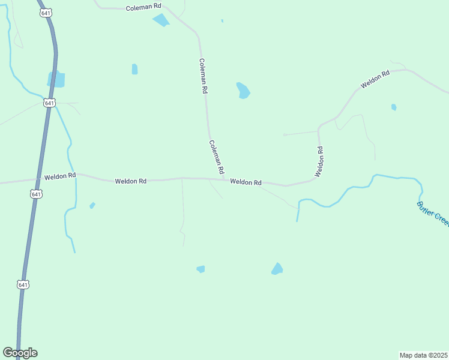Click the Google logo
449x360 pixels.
20,353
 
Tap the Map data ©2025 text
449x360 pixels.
424,355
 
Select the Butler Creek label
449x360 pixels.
432,214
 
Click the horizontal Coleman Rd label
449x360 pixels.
144,8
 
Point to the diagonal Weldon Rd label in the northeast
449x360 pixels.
375,80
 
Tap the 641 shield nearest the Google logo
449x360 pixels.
23,284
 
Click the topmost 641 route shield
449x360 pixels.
46,13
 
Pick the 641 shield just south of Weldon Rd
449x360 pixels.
36,194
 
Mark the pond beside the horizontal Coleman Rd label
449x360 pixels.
161,20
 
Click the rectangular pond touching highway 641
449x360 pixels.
56,79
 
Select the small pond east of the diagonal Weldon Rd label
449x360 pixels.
394,107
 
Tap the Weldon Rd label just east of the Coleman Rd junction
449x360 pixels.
246,182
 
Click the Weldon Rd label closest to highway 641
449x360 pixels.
60,176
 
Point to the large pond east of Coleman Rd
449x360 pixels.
243,91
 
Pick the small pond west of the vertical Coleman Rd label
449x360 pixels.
134,69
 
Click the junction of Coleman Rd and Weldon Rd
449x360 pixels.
224,179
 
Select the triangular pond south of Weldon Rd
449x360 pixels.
277,269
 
